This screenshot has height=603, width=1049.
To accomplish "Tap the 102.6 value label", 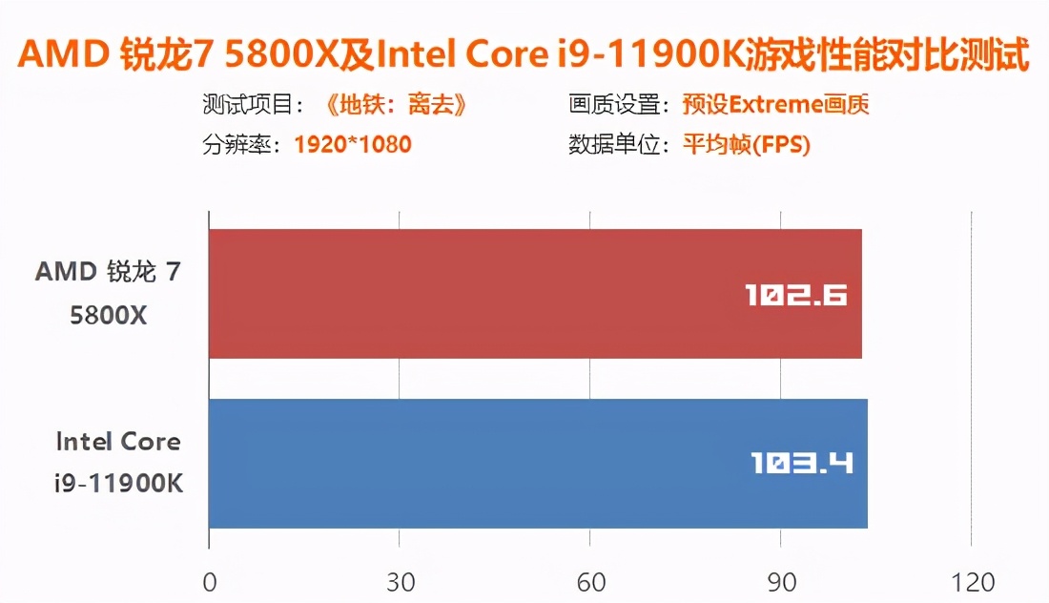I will pyautogui.click(x=796, y=295).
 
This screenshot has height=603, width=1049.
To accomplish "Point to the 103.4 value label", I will pyautogui.click(x=801, y=465).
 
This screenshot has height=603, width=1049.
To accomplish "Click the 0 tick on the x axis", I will pyautogui.click(x=210, y=581).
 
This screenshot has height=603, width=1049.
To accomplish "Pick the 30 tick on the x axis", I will pyautogui.click(x=400, y=581).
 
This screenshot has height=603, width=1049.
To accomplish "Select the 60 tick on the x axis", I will pyautogui.click(x=590, y=581).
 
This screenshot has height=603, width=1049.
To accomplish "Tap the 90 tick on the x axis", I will pyautogui.click(x=781, y=581).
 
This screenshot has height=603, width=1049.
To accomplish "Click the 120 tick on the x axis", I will pyautogui.click(x=971, y=581).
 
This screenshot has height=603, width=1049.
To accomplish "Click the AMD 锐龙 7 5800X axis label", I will pyautogui.click(x=108, y=294).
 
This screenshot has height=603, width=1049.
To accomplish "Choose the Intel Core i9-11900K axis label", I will pyautogui.click(x=118, y=463).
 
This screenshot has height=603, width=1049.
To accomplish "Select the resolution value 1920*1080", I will pyautogui.click(x=353, y=145).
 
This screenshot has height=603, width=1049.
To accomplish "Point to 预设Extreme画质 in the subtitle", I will pyautogui.click(x=775, y=105).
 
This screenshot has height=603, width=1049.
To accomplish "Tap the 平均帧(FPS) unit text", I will pyautogui.click(x=746, y=145).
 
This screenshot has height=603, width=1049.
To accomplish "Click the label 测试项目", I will pyautogui.click(x=250, y=105).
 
